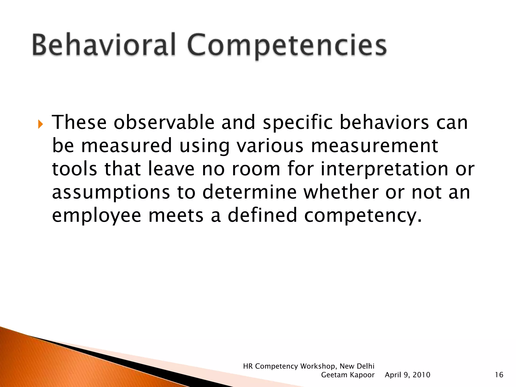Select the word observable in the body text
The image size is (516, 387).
point(164,123)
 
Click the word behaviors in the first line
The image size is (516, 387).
point(384,123)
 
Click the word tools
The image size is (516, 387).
point(74,169)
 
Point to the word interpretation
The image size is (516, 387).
point(384,169)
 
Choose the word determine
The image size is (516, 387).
point(249,192)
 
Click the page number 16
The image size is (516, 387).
point(499,375)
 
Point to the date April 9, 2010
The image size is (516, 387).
point(407,375)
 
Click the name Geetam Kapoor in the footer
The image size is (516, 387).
point(348,375)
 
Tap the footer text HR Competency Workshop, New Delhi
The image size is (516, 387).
point(309,366)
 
